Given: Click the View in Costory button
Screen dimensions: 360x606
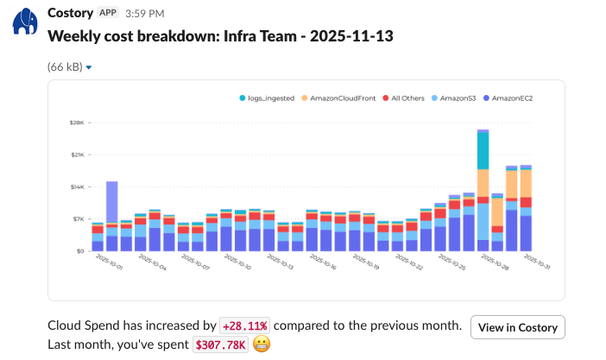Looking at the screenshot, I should (518, 328).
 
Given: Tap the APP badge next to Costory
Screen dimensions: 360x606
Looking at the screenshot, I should (108, 13).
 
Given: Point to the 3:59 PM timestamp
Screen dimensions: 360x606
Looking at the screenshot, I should (144, 13).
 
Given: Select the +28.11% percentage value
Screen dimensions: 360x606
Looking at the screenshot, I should (245, 326).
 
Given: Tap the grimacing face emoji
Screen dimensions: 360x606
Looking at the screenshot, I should (262, 344).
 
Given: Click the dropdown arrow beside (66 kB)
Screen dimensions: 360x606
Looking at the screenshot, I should (89, 67).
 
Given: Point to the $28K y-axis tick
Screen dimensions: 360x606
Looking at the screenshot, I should (77, 123).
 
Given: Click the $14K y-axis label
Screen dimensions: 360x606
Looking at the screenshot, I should (77, 186).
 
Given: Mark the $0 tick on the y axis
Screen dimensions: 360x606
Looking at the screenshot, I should (79, 251).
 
